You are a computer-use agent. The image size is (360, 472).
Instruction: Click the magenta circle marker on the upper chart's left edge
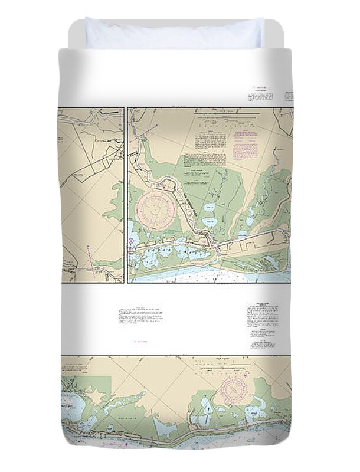click(x=130, y=240)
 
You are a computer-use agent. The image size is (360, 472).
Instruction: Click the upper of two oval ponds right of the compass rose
click(x=208, y=208)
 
